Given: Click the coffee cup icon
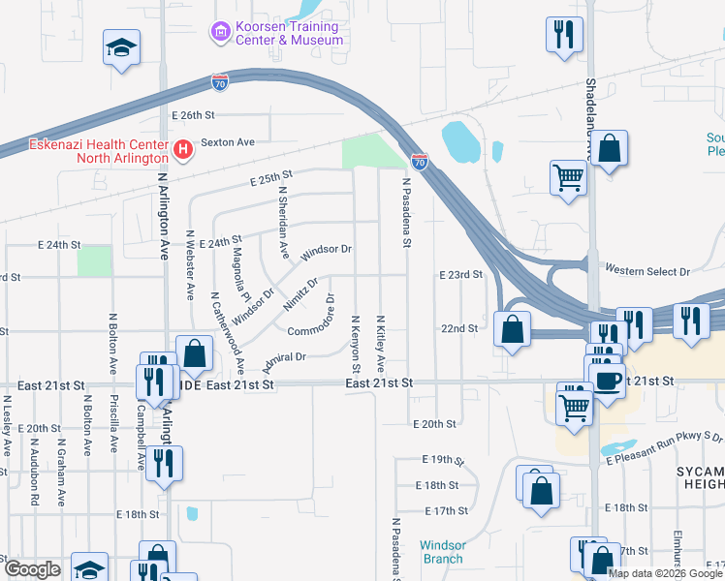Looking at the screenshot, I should click(607, 380).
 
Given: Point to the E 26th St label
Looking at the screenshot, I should click(192, 115).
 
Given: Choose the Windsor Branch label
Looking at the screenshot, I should click(442, 552).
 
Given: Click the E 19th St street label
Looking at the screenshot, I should click(443, 459).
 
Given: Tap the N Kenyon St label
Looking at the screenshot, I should click(356, 346).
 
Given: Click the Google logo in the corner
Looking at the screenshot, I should click(33, 569).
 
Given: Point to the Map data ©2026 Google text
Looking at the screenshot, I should click(664, 573).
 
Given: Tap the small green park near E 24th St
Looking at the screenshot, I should click(94, 260).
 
